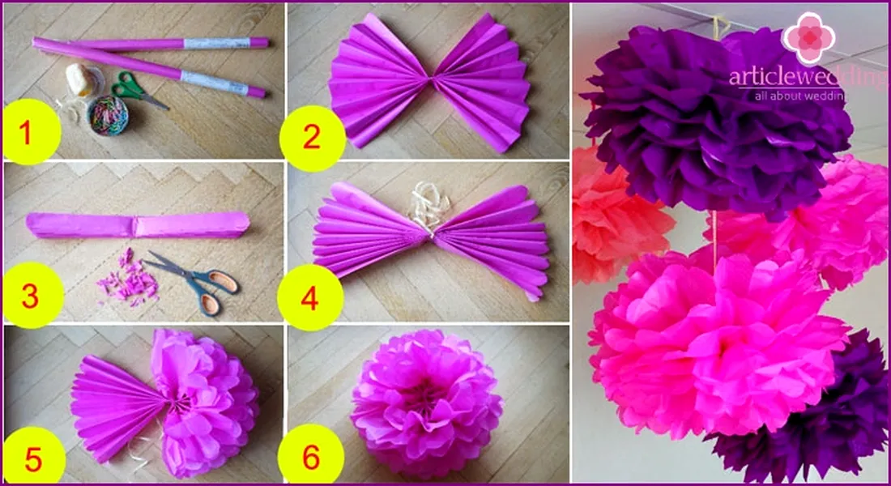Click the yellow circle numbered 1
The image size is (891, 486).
[x=29, y=132]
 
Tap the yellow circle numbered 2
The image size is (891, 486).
[x=312, y=139]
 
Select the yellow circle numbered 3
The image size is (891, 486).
[x=32, y=296]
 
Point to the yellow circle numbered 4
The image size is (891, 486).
[x=310, y=297]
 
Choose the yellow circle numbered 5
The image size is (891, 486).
[x=33, y=458]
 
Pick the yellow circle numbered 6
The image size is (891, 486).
[x=311, y=457]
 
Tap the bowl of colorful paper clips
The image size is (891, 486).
[x=108, y=115]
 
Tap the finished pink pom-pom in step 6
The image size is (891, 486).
[x=426, y=403]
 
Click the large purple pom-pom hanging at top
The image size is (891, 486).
[x=716, y=119]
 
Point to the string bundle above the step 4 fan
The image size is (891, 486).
[x=428, y=204]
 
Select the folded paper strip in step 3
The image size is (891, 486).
[x=138, y=225]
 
